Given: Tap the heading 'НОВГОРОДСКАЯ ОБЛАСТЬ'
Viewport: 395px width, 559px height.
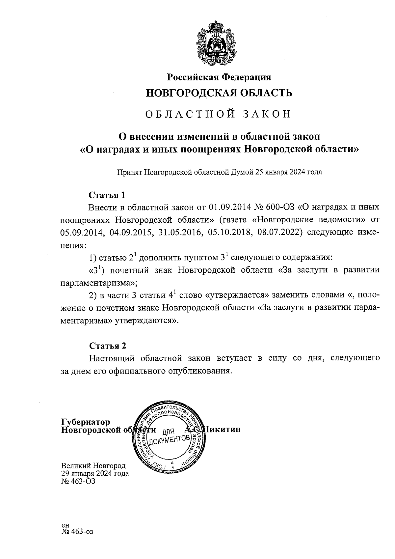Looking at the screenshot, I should click(x=219, y=93).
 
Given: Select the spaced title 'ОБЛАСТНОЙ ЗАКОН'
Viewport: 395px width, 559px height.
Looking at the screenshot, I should click(x=219, y=114).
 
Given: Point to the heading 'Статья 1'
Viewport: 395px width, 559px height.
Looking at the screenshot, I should click(x=107, y=195).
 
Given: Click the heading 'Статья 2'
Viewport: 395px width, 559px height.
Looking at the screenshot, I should click(x=107, y=346).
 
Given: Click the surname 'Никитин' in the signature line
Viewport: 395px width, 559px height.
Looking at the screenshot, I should click(x=222, y=430).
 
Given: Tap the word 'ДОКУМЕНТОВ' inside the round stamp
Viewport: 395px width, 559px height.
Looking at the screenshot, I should click(x=170, y=439).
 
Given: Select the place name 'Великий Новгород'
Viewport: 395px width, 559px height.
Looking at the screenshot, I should click(x=93, y=466).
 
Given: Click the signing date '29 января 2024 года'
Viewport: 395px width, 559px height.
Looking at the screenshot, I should click(x=95, y=474).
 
